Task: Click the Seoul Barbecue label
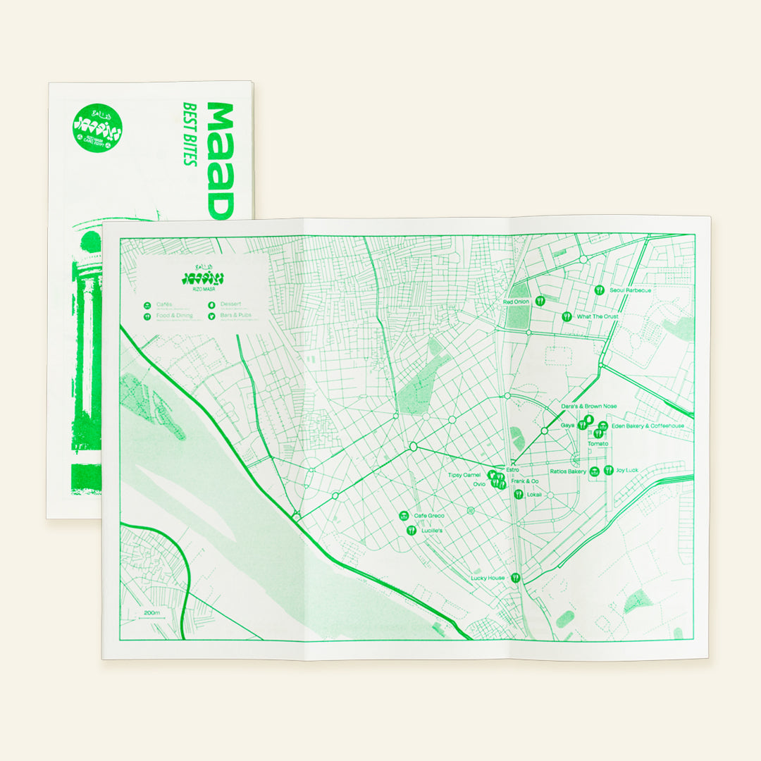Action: (x=631, y=290)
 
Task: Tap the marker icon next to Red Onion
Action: (x=540, y=300)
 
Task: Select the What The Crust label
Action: (x=598, y=317)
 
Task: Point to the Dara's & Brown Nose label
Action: (x=588, y=407)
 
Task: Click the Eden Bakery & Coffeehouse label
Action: (x=648, y=426)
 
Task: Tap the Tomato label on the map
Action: (x=598, y=443)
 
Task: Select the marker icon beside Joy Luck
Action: (x=608, y=470)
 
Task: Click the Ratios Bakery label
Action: (x=568, y=471)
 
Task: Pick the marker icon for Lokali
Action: (x=519, y=494)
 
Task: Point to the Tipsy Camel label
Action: (x=464, y=476)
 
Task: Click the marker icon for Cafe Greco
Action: (x=404, y=516)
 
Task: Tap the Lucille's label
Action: (x=431, y=531)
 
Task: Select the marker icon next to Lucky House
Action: (x=516, y=578)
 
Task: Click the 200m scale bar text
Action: (x=152, y=613)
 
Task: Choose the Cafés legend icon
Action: (x=147, y=306)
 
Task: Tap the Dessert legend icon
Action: (x=211, y=306)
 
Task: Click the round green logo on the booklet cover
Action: (x=97, y=129)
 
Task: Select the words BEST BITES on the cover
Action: (x=189, y=134)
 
